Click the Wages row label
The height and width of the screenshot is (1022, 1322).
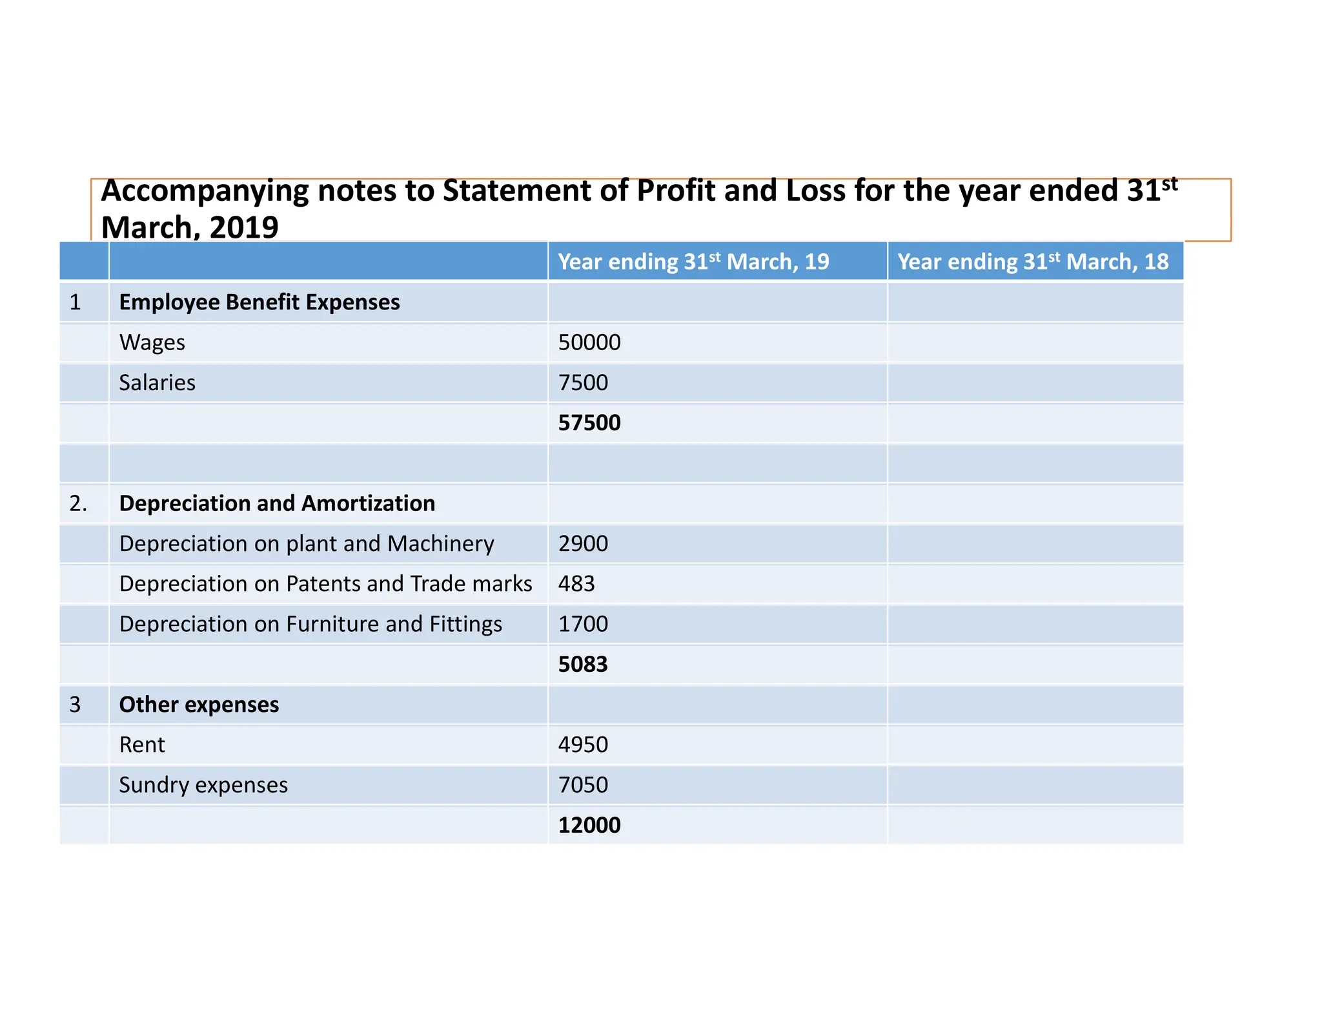[152, 342]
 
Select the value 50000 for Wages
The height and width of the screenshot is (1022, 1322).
[589, 342]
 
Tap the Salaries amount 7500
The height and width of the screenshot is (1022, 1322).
[582, 382]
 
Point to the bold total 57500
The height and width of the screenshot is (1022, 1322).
[589, 422]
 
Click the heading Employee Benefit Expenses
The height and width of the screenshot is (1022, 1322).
[259, 302]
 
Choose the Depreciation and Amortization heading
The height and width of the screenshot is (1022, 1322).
[277, 503]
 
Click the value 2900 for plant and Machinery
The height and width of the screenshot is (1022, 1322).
[582, 543]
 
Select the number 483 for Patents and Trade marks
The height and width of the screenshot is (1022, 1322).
[576, 583]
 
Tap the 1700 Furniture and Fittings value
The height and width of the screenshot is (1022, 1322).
[582, 624]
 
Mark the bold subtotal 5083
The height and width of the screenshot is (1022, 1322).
[582, 664]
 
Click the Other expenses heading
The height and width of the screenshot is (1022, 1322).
[199, 704]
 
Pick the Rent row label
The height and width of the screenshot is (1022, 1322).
[142, 745]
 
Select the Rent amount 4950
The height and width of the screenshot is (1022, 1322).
[582, 745]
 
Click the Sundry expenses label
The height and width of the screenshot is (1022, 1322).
[203, 785]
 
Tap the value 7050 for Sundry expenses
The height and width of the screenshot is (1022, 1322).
[582, 785]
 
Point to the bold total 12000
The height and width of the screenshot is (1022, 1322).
[589, 825]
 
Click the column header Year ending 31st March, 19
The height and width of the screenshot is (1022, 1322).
[693, 262]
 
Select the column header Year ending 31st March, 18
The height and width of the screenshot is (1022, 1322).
[1033, 262]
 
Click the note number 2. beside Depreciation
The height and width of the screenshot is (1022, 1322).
[78, 503]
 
